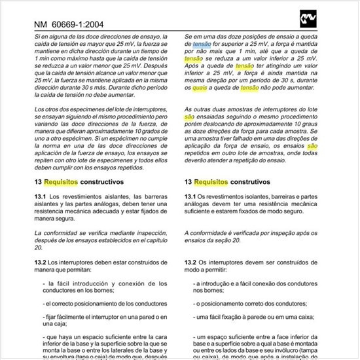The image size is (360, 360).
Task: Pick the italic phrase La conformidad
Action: tap(57, 233)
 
